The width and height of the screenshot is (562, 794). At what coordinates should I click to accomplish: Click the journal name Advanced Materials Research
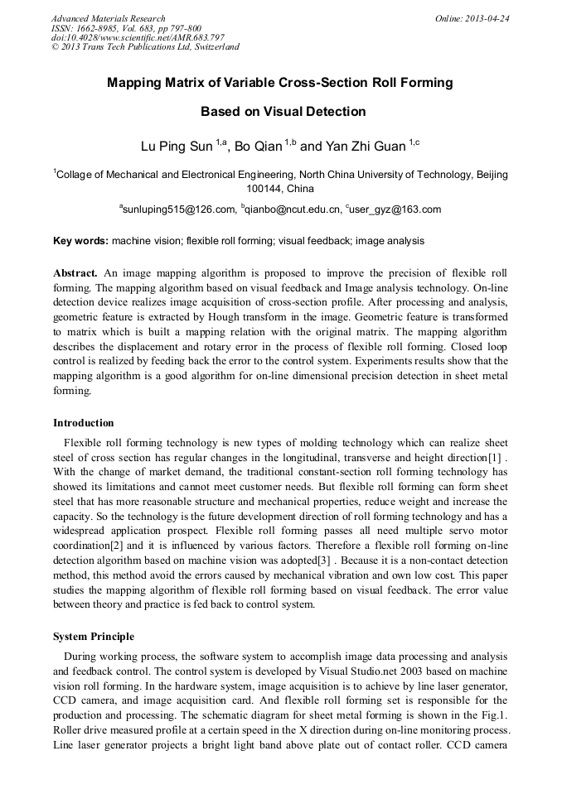point(108,18)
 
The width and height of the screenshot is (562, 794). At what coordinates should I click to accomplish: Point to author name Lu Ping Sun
point(177,147)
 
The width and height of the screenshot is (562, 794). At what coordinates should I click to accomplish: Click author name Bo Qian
point(258,147)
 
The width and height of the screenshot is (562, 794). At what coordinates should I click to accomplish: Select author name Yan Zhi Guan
point(365,147)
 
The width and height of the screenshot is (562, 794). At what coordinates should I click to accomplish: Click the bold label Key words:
point(80,241)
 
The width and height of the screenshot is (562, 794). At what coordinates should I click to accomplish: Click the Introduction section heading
point(84,423)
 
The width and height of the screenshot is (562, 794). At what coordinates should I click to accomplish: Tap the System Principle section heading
point(94,637)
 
